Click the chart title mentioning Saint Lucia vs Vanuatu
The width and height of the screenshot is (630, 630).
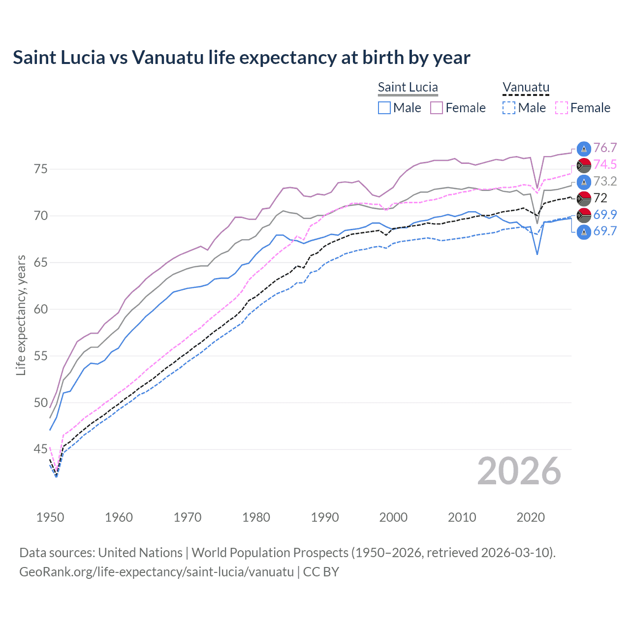(x=241, y=58)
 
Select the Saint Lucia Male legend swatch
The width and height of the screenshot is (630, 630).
(x=384, y=108)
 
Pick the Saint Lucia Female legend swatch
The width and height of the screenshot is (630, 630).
(x=437, y=108)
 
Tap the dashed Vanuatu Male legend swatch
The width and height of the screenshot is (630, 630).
(x=509, y=108)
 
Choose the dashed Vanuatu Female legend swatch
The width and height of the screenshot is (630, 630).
(x=562, y=108)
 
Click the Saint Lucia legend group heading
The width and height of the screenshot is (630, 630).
(x=408, y=87)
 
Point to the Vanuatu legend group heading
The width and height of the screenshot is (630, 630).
(x=526, y=87)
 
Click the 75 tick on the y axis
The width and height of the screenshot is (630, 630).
(x=41, y=169)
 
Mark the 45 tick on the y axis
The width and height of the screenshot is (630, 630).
(x=41, y=449)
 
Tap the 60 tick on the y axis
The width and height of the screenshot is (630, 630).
(x=41, y=309)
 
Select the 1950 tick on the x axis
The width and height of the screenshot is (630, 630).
(x=50, y=517)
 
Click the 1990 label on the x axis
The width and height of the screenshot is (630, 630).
(x=325, y=517)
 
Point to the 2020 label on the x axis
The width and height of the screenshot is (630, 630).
(x=531, y=517)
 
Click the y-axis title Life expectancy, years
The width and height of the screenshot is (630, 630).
(x=21, y=315)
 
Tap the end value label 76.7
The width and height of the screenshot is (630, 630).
(x=605, y=148)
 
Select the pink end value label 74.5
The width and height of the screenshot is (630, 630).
(x=605, y=165)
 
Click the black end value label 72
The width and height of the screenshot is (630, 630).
(x=600, y=198)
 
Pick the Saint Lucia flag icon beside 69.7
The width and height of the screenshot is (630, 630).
(x=584, y=232)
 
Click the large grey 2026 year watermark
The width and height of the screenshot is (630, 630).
(x=519, y=472)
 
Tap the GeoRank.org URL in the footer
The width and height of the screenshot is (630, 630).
(x=157, y=572)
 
